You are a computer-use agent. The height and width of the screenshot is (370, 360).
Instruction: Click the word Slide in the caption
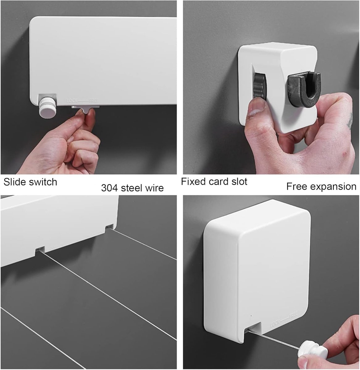point(15,182)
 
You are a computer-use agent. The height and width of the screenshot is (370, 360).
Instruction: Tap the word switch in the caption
point(43,182)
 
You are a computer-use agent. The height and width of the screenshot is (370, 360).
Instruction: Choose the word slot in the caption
point(239,181)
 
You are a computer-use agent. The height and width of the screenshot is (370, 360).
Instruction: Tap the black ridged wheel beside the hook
point(259,85)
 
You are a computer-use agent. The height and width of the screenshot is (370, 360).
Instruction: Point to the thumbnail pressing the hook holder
point(257,107)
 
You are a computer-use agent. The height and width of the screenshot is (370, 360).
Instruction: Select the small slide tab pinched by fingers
point(86,109)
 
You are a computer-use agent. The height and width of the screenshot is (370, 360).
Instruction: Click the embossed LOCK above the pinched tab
point(72,101)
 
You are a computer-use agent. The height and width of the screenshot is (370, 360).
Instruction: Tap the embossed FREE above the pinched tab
point(94,100)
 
